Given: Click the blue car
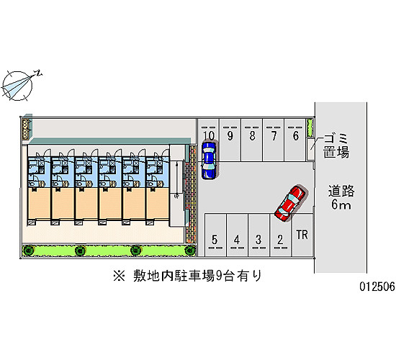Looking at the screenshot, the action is pos(209,161).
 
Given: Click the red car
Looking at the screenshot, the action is pos(290,203).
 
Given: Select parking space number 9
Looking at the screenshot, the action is pos(230,140).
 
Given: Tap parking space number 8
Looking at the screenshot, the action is pos(251,140).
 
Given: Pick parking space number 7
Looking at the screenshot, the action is pos(274,140).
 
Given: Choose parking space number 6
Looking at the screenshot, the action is pos(295,140).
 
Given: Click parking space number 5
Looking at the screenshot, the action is pos(215,235).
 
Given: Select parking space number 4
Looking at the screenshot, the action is pos(237,235).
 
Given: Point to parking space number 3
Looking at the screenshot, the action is pos(258,235).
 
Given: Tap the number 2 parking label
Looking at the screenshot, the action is pos(280,240).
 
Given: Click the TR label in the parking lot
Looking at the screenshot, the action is pos(302,235).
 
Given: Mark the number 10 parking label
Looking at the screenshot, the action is pos(209,135).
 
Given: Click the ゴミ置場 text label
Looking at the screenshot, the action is pos(336,146).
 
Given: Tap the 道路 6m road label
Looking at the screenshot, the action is pos(341,197).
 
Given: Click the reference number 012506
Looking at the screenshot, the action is pos(377,287).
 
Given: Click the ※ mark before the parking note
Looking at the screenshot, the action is pos(119,276).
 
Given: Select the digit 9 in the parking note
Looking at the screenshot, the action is pos(218,276).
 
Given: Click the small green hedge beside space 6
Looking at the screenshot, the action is pos(310,127).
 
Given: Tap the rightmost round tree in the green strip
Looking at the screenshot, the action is pos(189,251).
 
